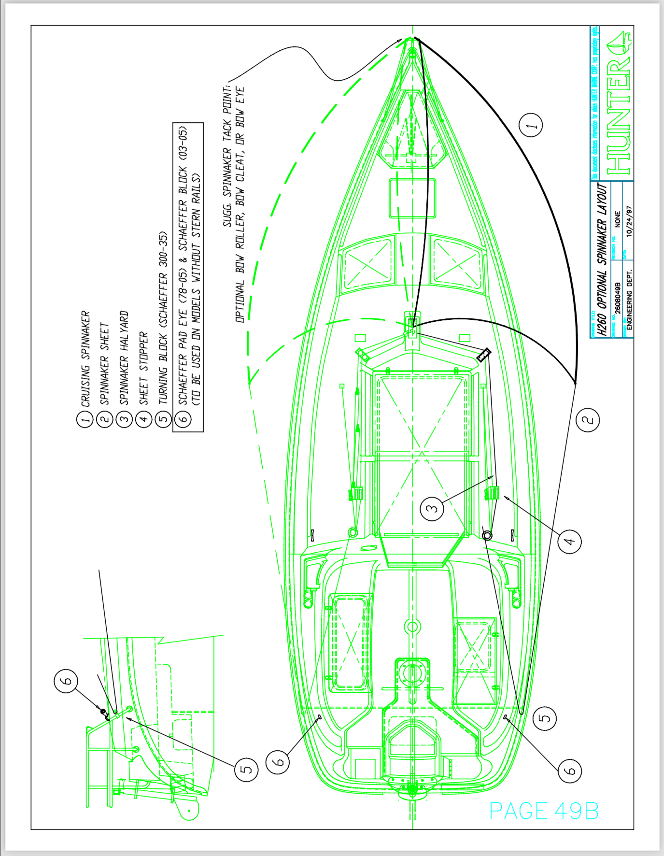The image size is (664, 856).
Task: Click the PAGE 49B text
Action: pos(544,811)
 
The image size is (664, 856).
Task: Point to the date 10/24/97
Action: pos(628,221)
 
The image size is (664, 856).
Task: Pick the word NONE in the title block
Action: pos(618,219)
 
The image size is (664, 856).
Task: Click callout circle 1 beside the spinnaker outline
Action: pos(531,126)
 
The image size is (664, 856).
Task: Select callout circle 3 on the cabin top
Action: pos(432,508)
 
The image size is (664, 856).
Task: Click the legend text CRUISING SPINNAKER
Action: pos(85,358)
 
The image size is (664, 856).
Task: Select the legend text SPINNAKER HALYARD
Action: pos(124,358)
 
